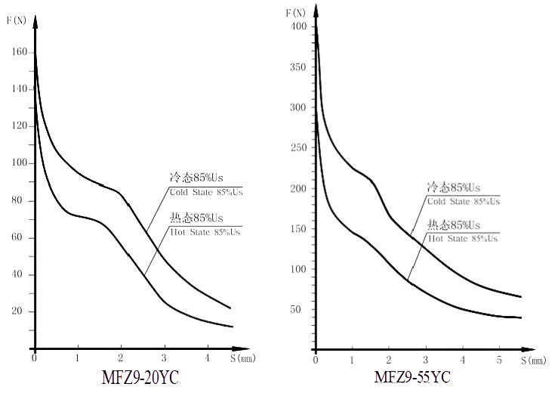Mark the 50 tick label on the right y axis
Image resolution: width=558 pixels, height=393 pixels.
pos(302,309)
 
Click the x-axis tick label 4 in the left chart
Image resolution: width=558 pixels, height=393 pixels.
pos(208,358)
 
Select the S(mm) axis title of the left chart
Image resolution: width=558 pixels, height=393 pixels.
pos(243,359)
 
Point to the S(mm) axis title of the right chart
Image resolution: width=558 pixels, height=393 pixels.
pos(533,361)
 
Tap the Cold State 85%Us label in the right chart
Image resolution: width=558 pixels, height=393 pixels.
pos(464,200)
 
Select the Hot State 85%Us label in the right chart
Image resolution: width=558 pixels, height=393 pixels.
pos(464,238)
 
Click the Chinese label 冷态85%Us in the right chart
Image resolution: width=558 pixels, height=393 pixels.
pos(455,188)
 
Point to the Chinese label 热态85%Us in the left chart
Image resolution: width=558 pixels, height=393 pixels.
pos(196,219)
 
